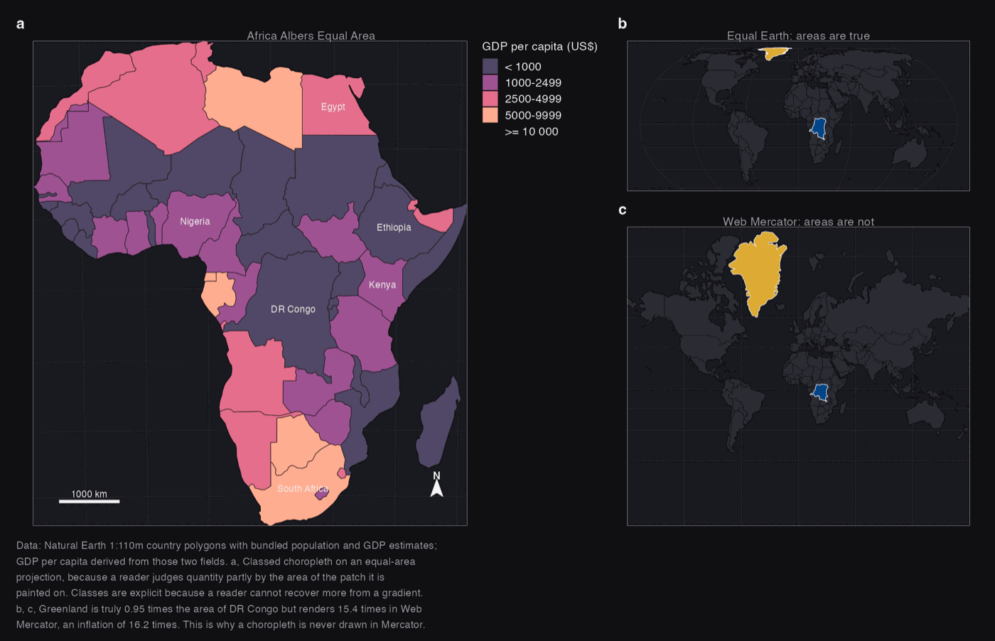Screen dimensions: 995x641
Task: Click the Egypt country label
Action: [333, 107]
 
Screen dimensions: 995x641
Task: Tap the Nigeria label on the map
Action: [195, 221]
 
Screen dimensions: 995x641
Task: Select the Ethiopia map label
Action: [394, 227]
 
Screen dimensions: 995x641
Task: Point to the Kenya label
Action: [382, 285]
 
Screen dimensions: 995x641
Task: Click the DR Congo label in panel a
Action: [293, 309]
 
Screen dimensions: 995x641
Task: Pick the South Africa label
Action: [303, 489]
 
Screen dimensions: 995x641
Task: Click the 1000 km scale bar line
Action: [90, 502]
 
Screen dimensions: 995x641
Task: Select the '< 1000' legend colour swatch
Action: [490, 67]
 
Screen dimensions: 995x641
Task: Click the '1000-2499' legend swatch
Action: [490, 82]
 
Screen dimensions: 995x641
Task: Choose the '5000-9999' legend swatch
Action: [490, 115]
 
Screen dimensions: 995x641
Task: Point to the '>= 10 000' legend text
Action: [532, 131]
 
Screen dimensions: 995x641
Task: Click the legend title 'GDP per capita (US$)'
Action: [539, 47]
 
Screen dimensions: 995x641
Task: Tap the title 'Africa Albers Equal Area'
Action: [311, 36]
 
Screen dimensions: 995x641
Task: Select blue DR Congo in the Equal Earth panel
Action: [818, 128]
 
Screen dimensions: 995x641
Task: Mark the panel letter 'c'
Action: [623, 210]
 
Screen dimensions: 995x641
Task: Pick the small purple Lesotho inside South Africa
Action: [321, 492]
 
